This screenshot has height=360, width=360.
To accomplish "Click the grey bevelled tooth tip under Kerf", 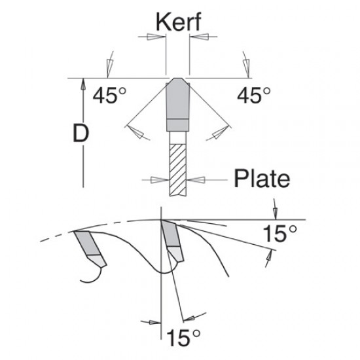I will (177, 98).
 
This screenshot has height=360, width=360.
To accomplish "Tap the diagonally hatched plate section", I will (177, 168).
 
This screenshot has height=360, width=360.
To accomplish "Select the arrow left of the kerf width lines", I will (154, 38).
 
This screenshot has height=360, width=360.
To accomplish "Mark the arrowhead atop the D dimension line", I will (82, 82).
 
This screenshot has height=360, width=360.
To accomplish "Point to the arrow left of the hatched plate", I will (156, 178).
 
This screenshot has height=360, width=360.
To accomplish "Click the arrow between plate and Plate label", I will (200, 178).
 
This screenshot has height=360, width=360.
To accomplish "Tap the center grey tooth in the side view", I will (171, 239).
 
